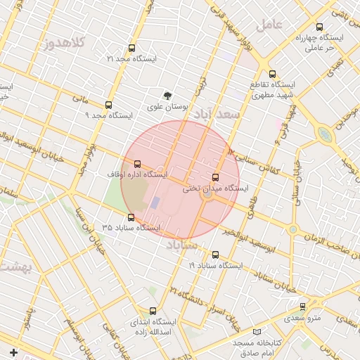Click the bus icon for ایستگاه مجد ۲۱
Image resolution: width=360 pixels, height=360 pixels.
point(131,49)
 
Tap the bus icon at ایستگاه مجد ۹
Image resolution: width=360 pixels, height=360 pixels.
point(108,104)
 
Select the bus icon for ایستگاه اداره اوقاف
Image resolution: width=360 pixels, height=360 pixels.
point(136,163)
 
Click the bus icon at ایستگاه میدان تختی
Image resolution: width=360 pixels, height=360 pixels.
point(215,178)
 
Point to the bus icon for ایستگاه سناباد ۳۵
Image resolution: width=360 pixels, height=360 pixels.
point(131,217)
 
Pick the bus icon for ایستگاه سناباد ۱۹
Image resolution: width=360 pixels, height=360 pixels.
point(215,255)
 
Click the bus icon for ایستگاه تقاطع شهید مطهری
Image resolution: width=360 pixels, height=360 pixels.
point(272,74)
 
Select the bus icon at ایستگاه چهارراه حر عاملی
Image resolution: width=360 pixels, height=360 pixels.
point(320,27)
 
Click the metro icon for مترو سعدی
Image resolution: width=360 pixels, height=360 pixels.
point(303,307)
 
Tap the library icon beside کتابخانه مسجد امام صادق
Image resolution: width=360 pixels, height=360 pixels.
point(257,331)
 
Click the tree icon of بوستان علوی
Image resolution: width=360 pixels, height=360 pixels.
point(167,96)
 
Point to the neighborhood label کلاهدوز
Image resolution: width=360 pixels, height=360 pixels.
point(63,44)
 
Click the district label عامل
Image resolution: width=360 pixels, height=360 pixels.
point(269,24)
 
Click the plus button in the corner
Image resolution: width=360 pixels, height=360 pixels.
point(13,352)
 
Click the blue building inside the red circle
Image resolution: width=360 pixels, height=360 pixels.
point(155,202)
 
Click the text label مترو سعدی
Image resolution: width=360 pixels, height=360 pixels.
point(304,318)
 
